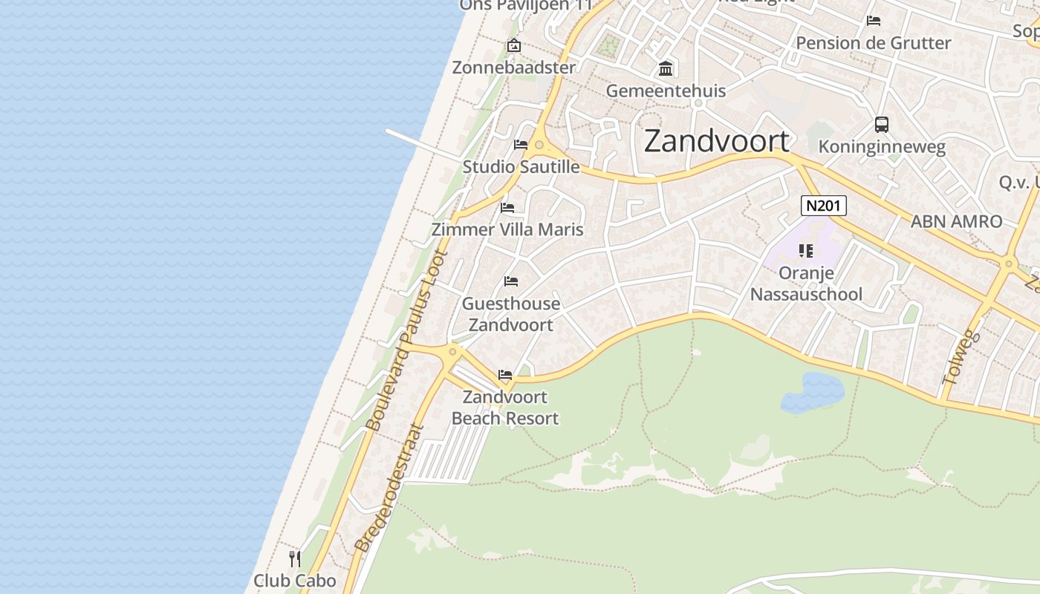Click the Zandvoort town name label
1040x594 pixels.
(716, 141)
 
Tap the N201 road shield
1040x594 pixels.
(823, 206)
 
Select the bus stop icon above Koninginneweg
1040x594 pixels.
(882, 125)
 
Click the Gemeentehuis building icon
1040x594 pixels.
(666, 69)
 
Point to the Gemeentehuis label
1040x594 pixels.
(666, 91)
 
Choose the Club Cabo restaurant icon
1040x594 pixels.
(295, 558)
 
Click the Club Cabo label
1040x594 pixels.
(295, 581)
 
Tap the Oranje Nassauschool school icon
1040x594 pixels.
(806, 251)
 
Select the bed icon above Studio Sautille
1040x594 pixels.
(521, 144)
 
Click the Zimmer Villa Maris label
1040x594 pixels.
(507, 229)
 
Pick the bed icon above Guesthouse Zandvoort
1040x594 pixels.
(511, 281)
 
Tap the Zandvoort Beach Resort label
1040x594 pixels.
(505, 408)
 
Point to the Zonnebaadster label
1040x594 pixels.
(514, 68)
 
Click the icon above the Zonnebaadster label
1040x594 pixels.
(513, 46)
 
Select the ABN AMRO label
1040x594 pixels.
(956, 221)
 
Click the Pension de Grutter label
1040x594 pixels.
(873, 43)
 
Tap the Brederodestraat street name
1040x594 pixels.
(389, 488)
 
